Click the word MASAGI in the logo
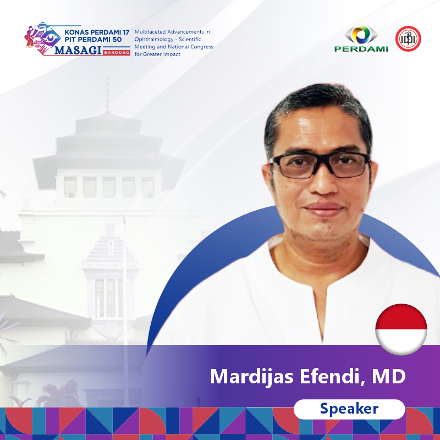(x=78, y=50)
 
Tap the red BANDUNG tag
(x=117, y=52)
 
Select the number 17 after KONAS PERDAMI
(x=126, y=32)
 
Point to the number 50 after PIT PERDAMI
(x=118, y=40)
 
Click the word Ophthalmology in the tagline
(x=153, y=40)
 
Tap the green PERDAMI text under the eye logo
(x=361, y=49)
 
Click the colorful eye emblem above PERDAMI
(x=361, y=35)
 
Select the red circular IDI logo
(x=408, y=38)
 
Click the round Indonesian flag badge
(x=402, y=329)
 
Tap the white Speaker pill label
(x=349, y=409)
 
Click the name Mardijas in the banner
(x=252, y=377)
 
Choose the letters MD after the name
(x=389, y=376)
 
